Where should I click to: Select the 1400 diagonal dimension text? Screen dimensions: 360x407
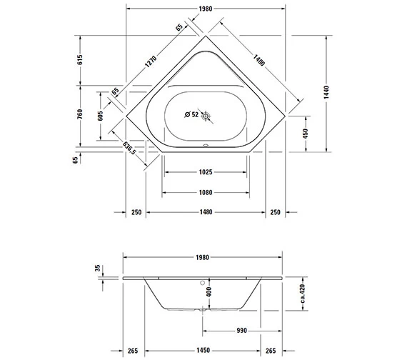click(x=259, y=61)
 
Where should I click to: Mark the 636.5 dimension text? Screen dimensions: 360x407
click(x=129, y=149)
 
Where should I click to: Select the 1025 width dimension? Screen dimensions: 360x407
click(x=204, y=172)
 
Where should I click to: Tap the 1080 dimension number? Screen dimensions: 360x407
click(x=204, y=192)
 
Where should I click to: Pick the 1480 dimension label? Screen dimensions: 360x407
click(x=204, y=213)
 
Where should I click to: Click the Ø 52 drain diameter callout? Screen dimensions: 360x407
click(x=191, y=115)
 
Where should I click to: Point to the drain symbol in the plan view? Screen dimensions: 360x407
click(x=206, y=115)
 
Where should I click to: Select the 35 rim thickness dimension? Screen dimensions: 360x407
click(x=96, y=270)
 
